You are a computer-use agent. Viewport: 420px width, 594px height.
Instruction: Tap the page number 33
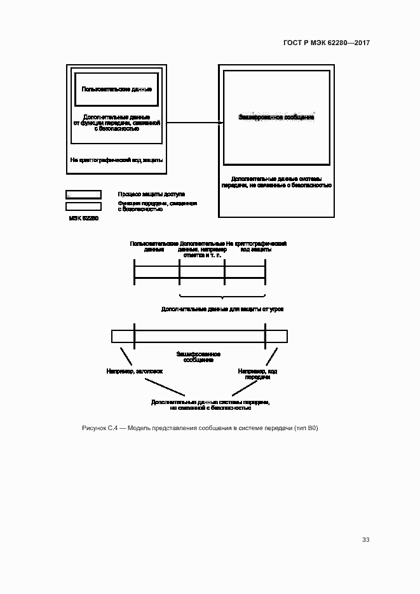(366, 540)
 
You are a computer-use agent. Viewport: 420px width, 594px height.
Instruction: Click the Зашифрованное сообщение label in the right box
(276, 118)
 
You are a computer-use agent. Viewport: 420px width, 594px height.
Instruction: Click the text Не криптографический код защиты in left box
(117, 160)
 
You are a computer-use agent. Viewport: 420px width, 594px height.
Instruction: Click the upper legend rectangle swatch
(83, 194)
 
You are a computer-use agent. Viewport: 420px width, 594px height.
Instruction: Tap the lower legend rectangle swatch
(83, 206)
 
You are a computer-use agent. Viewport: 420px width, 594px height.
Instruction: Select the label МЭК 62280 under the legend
(83, 218)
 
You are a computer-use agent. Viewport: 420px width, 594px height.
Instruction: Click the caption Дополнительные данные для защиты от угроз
(222, 309)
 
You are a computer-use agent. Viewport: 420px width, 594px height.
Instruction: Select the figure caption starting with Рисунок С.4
(200, 428)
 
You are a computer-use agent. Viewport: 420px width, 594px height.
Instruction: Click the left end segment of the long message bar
(123, 336)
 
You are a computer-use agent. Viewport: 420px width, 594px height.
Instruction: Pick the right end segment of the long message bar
(276, 336)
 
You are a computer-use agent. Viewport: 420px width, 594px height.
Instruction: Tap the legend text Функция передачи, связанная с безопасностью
(157, 206)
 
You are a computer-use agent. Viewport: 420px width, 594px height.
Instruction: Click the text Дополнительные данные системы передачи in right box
(276, 182)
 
